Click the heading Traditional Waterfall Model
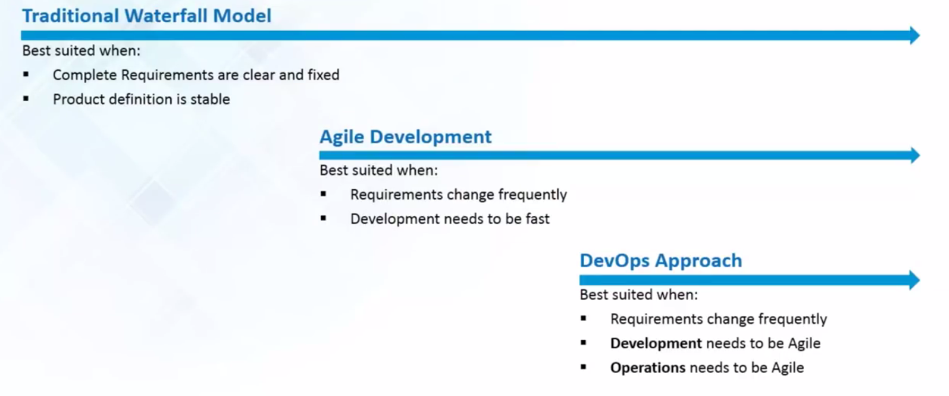(146, 16)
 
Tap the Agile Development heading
(406, 137)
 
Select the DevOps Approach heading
(661, 261)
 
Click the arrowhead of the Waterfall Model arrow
(915, 36)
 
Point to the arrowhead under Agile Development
(915, 155)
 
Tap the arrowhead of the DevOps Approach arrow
(915, 280)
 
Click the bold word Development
(656, 344)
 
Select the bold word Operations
(648, 368)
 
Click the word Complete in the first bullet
(85, 75)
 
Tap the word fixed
(323, 75)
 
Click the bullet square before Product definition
(26, 99)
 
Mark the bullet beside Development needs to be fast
(323, 218)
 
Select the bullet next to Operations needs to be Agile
(583, 367)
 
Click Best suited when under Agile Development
(379, 171)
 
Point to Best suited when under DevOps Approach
(639, 295)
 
